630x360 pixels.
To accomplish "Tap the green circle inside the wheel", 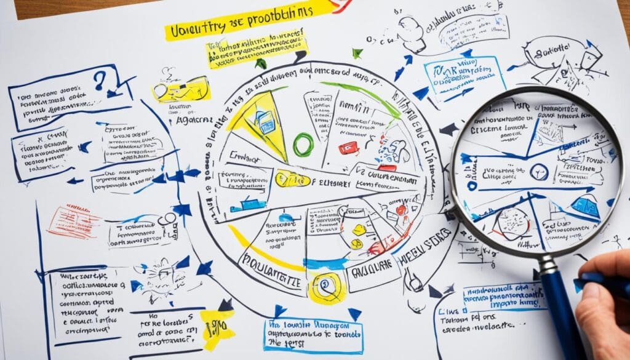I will tap(303, 145).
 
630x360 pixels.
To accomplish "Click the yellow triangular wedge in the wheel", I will tap(256, 120).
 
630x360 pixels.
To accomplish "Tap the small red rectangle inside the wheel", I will tap(347, 148).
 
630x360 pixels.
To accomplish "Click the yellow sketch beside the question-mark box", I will tap(181, 89).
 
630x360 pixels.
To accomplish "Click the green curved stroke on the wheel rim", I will tap(363, 95).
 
